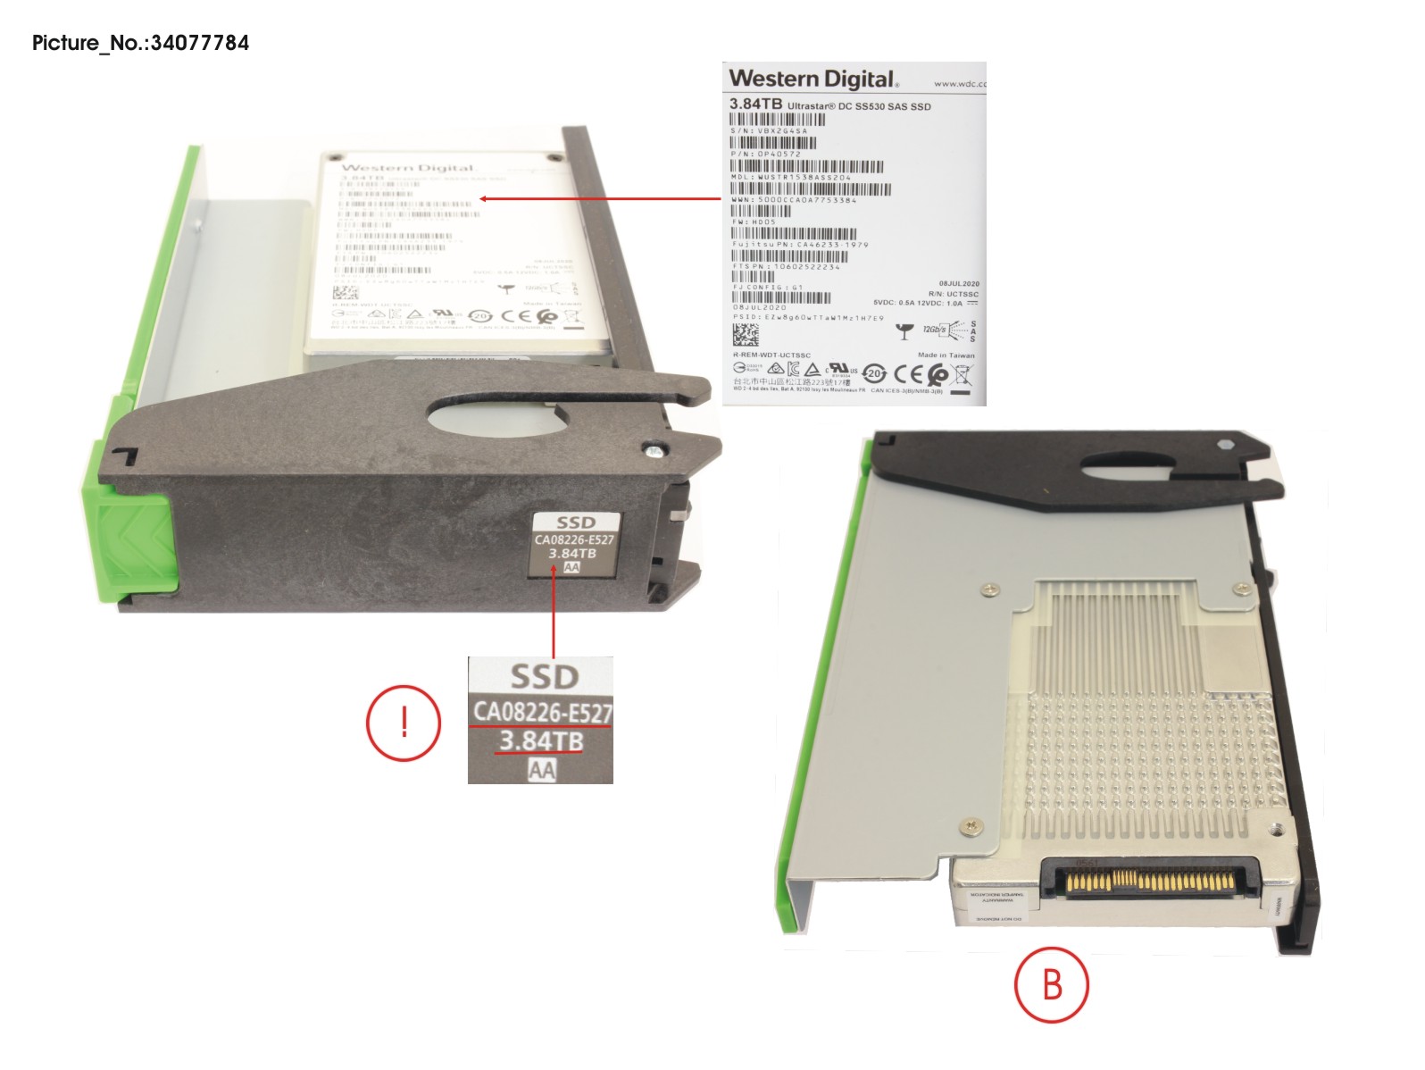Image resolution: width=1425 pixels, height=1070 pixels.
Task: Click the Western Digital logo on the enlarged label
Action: (812, 79)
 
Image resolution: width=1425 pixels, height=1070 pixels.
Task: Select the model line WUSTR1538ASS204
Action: (792, 178)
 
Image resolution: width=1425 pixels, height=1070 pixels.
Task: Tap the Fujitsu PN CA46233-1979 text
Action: (800, 244)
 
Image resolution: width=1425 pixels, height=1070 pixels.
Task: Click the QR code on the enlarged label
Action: (746, 334)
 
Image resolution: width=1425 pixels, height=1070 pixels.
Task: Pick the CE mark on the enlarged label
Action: (908, 374)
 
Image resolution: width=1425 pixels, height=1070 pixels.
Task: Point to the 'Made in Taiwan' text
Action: (946, 355)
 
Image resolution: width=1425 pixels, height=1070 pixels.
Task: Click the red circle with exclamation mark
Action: (404, 723)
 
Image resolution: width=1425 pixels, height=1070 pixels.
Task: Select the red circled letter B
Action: (1052, 984)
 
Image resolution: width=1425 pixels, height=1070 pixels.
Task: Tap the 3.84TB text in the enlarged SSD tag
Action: (541, 740)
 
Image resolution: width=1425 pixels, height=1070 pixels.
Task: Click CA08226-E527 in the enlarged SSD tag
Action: (542, 712)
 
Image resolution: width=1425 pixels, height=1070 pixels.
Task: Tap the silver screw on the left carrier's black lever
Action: (655, 451)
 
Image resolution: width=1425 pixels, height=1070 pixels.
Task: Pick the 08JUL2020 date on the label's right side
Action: (958, 283)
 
